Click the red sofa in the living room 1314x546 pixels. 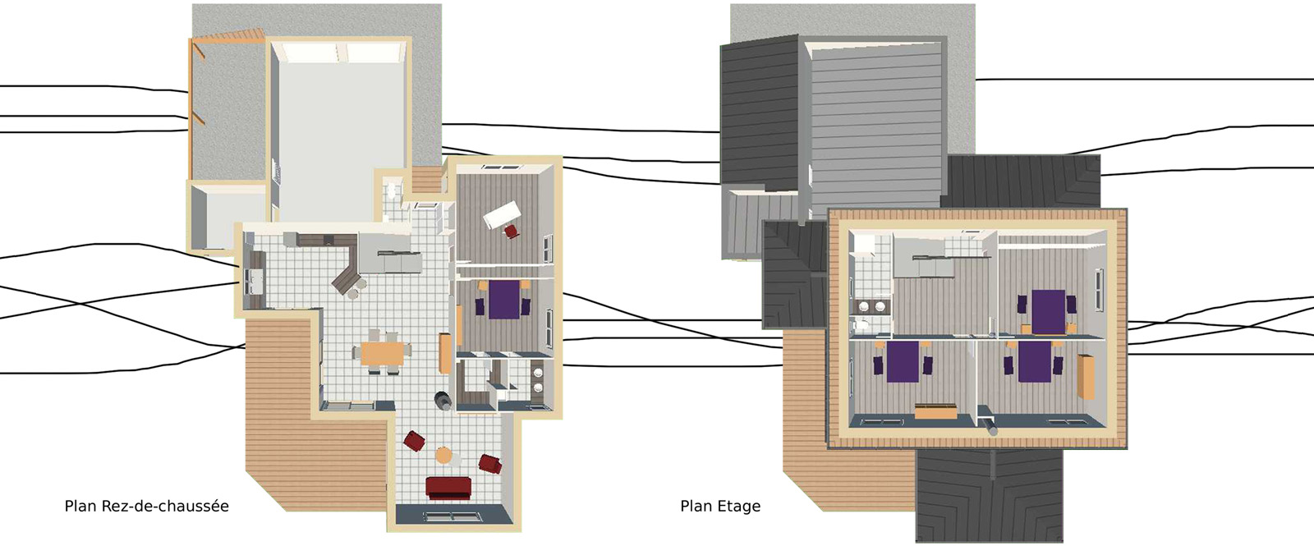(x=448, y=488)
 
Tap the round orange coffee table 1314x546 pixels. (x=444, y=455)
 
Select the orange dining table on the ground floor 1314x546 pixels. (x=382, y=353)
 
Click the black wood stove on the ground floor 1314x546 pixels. (x=443, y=401)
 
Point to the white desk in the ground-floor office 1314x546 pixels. (x=502, y=214)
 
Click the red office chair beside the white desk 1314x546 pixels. (x=512, y=232)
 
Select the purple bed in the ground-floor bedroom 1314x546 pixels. (x=504, y=300)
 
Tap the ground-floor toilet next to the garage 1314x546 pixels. (x=391, y=190)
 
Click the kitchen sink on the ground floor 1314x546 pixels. (x=256, y=282)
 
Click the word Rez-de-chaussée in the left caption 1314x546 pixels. (x=165, y=506)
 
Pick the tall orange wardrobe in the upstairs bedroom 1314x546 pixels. (x=1085, y=377)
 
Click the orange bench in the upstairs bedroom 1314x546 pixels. (x=935, y=411)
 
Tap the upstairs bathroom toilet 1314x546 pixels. (x=861, y=324)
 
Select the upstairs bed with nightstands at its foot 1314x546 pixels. (x=1048, y=311)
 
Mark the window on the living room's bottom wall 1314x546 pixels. (x=453, y=516)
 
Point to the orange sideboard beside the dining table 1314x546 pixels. (x=444, y=353)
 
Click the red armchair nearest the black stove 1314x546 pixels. (x=414, y=441)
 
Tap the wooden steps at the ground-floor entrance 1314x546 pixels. (x=427, y=179)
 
